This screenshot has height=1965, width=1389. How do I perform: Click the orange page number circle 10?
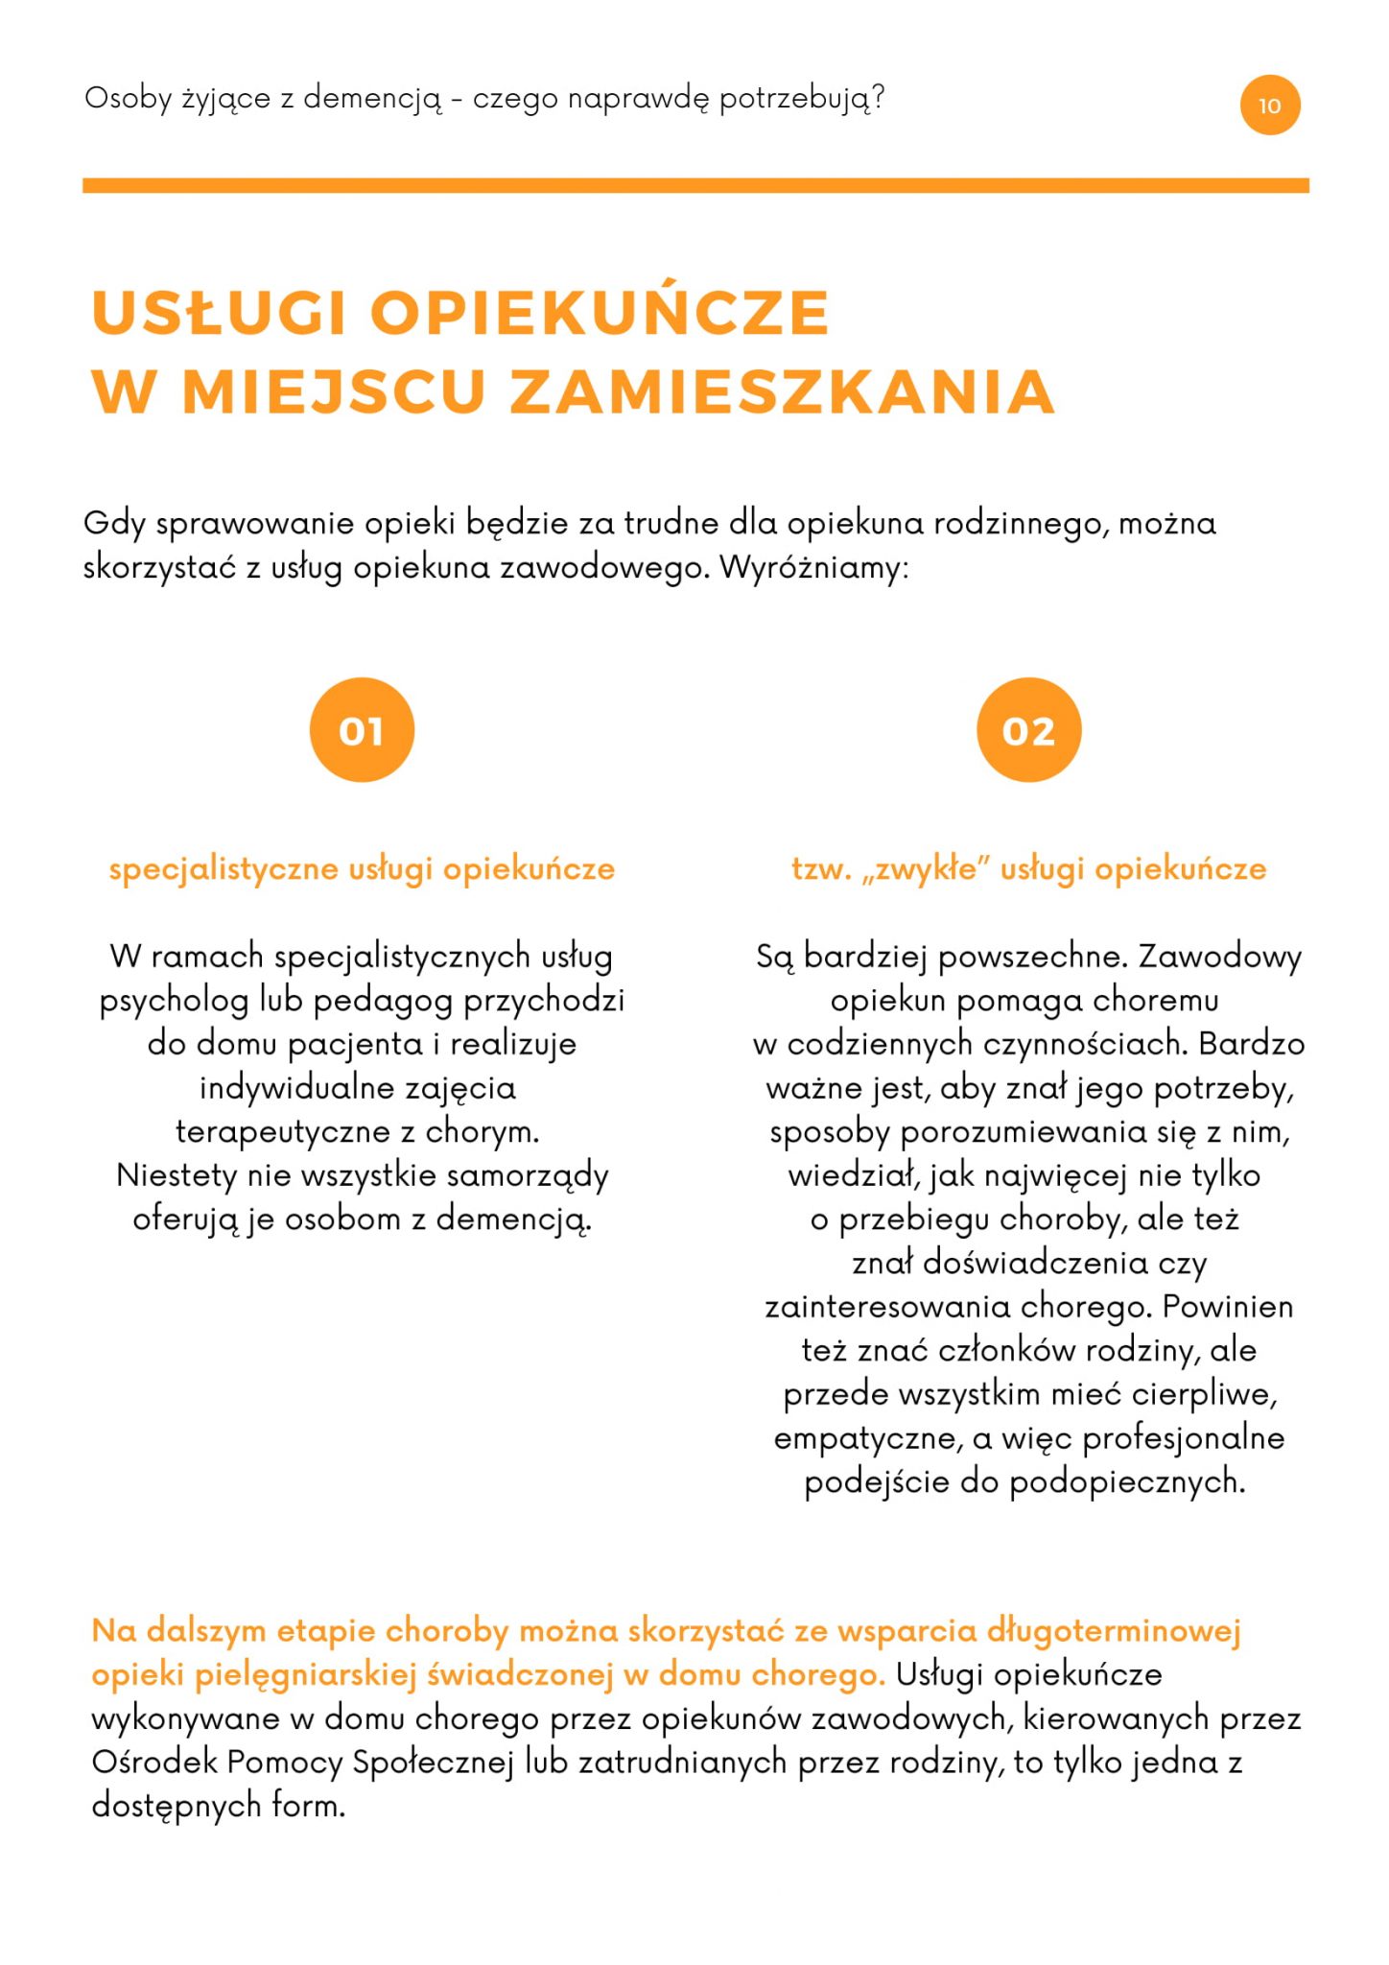pos(1269,106)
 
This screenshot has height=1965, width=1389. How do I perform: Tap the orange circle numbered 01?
pos(362,730)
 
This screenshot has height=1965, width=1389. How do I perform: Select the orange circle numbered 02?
pos(1028,730)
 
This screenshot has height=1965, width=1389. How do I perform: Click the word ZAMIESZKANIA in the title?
pos(782,392)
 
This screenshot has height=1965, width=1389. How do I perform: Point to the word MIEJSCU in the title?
pos(334,392)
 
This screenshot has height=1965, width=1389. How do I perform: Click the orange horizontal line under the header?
pos(694,185)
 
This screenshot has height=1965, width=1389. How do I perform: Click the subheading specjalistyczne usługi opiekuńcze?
pos(362,869)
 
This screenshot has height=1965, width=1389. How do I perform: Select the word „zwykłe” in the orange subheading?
pos(924,869)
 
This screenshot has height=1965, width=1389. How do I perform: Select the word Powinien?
pos(1227,1307)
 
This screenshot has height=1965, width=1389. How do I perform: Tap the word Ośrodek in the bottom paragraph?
pos(154,1762)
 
